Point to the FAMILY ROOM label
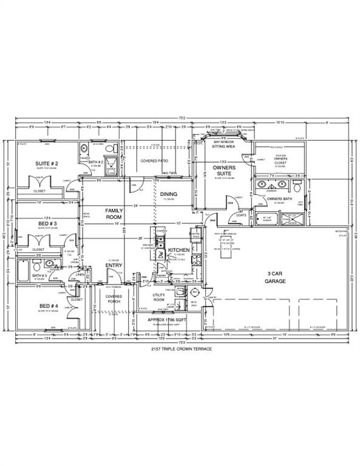point(114,213)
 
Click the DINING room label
point(168,194)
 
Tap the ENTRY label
point(114,265)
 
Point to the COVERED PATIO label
point(154,161)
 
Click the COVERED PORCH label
point(114,299)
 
